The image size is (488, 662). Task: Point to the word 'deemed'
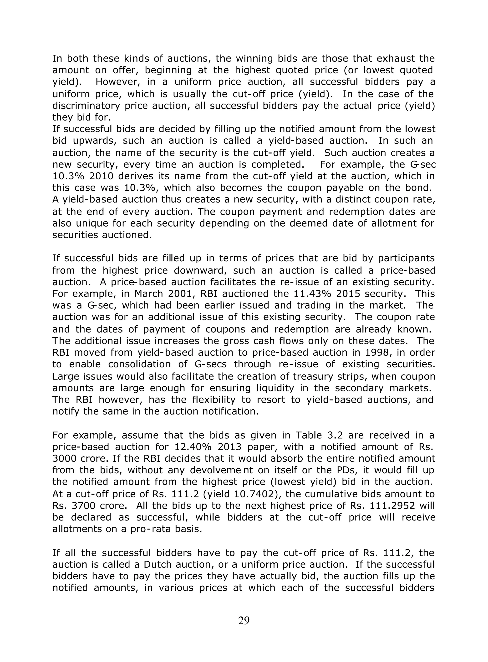coord(306,223)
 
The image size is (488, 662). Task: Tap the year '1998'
coord(394,353)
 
